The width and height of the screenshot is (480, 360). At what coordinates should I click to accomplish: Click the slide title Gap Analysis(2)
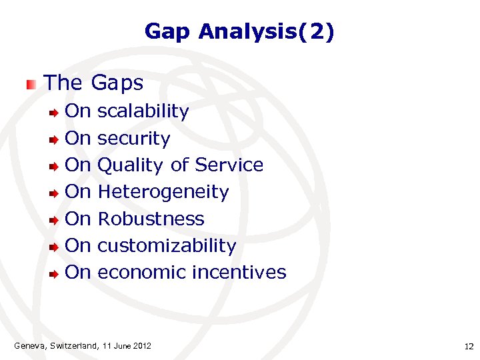click(239, 31)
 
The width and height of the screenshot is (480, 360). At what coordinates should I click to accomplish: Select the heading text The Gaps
click(93, 83)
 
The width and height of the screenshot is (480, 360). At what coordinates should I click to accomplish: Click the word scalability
click(143, 111)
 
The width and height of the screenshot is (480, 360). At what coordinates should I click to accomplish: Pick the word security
click(133, 139)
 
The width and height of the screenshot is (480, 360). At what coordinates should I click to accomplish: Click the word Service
click(229, 165)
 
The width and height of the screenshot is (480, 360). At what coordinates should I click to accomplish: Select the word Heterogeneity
click(163, 192)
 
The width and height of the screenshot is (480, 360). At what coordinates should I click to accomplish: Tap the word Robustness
click(151, 219)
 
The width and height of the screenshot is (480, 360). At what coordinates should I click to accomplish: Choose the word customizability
click(167, 246)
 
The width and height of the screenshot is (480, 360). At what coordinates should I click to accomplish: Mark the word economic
click(142, 273)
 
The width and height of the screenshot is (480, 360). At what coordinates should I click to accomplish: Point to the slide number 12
click(468, 346)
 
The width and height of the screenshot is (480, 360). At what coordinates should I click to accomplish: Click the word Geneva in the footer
click(28, 345)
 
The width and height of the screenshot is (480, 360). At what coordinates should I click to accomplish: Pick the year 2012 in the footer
click(142, 345)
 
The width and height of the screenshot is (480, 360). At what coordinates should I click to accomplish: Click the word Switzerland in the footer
click(73, 345)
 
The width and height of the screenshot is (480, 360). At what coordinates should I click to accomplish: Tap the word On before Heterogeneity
click(77, 192)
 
